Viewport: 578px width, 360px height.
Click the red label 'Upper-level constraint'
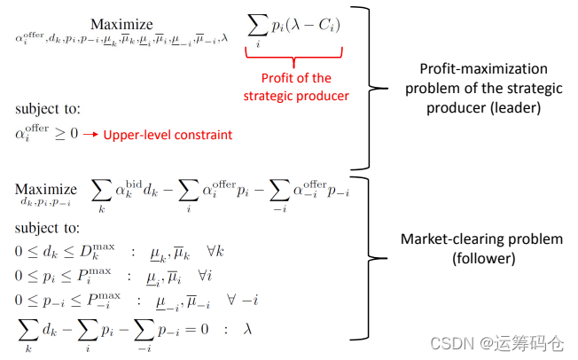pyautogui.click(x=168, y=136)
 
